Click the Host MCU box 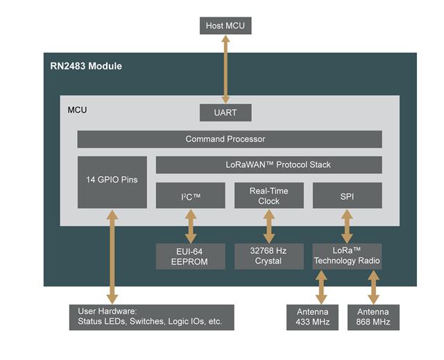coord(225,26)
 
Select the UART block coord(225,112)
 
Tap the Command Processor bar coord(229,139)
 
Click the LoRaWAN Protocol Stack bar coord(268,165)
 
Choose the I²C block coord(191,196)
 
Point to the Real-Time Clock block coord(268,196)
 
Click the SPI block coord(347,196)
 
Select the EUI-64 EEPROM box coord(191,256)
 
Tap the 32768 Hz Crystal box coord(268,256)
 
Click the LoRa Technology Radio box coord(347,256)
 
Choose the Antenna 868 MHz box coord(373,317)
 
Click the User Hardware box coord(151,317)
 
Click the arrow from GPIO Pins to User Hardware coord(112,257)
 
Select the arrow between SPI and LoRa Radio coord(347,225)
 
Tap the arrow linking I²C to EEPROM coord(191,225)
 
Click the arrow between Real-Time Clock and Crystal coord(268,225)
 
